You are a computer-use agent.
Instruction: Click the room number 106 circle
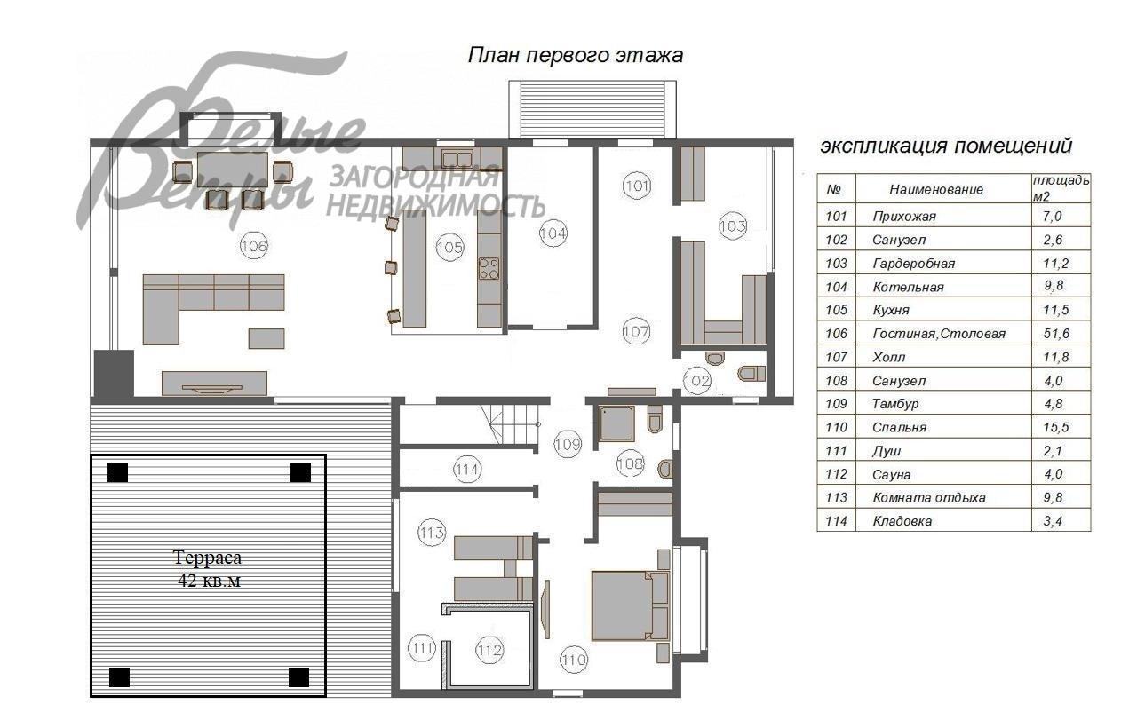point(254,246)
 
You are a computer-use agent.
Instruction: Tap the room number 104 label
point(553,233)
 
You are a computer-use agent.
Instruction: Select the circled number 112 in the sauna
point(489,650)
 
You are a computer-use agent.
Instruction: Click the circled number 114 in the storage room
point(466,470)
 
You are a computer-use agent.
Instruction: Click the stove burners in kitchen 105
point(489,267)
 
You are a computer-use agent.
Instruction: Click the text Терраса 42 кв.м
point(207,569)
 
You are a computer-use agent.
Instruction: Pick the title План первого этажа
point(575,55)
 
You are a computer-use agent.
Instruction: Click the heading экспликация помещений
point(945,146)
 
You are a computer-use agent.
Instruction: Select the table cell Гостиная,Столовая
point(939,334)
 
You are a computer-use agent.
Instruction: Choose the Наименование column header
point(936,189)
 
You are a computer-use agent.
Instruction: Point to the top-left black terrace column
point(118,472)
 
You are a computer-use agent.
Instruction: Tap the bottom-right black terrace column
point(299,678)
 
